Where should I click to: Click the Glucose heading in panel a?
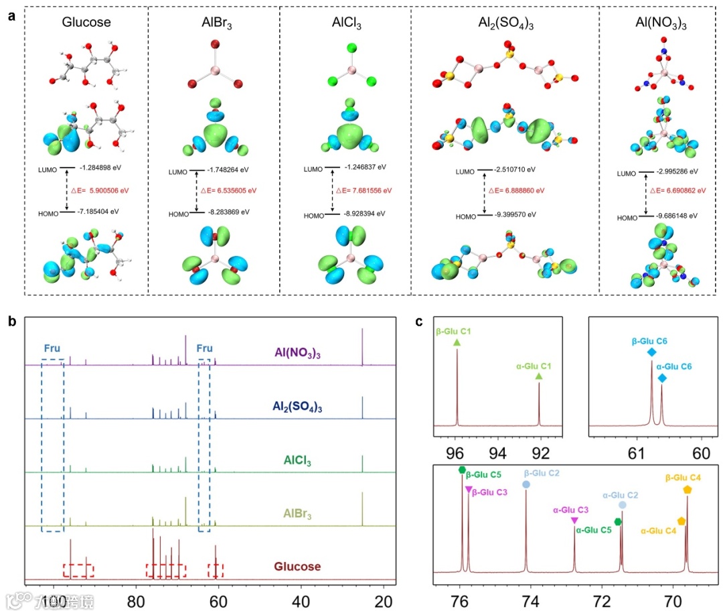pos(86,23)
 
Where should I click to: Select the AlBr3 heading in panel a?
pos(212,23)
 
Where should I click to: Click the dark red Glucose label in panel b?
pos(297,567)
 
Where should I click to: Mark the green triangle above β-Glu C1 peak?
pos(457,342)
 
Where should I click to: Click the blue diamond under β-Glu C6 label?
pos(652,352)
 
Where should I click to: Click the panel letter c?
pos(418,322)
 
